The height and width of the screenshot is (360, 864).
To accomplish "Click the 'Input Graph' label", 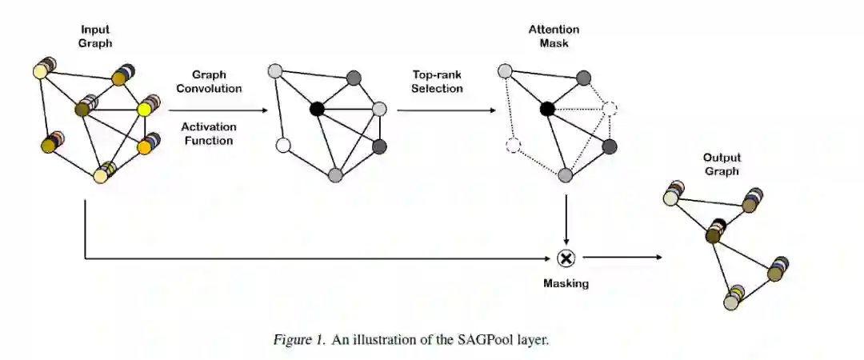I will (95, 37).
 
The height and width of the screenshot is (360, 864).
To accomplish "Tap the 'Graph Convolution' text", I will (209, 82).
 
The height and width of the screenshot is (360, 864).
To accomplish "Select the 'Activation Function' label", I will (206, 134).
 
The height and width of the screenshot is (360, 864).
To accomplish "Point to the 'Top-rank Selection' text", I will (437, 82).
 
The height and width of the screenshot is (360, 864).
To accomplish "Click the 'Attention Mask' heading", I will (553, 36).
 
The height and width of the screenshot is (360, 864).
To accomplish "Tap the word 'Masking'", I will (566, 283).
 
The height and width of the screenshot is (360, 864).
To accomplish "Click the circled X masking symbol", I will (566, 258).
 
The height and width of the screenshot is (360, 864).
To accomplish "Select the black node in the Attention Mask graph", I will (547, 109).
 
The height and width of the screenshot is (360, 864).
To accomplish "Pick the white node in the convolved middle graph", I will (282, 146).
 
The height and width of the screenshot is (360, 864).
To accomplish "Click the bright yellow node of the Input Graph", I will (145, 108).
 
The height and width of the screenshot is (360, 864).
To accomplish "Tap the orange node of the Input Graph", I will (145, 147).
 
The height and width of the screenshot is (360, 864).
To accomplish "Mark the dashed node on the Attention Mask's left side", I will (514, 146).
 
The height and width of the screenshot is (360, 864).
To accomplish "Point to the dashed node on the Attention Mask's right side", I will (610, 109).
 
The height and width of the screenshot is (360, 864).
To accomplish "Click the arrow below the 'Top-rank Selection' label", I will (444, 109).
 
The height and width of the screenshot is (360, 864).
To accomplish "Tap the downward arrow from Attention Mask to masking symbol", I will (566, 216).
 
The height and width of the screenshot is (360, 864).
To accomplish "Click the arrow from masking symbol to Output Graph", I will (622, 258).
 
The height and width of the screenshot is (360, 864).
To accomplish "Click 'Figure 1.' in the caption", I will (297, 340).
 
